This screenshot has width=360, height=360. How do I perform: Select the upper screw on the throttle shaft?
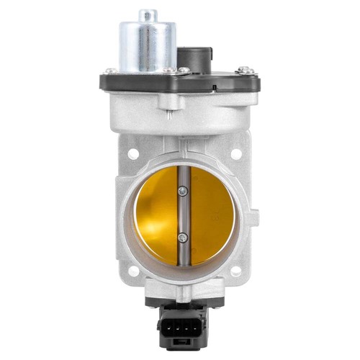coord(183,191)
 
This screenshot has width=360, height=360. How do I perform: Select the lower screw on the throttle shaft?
coord(183,237)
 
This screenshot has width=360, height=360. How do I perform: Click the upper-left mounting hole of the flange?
coord(134,153)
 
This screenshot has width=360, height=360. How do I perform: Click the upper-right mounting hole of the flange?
coord(235,153)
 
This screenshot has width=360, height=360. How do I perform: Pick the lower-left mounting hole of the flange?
coord(133,272)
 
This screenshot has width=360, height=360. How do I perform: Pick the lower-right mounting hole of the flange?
coord(235,272)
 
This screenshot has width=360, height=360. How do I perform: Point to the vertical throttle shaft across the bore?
coord(184,216)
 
